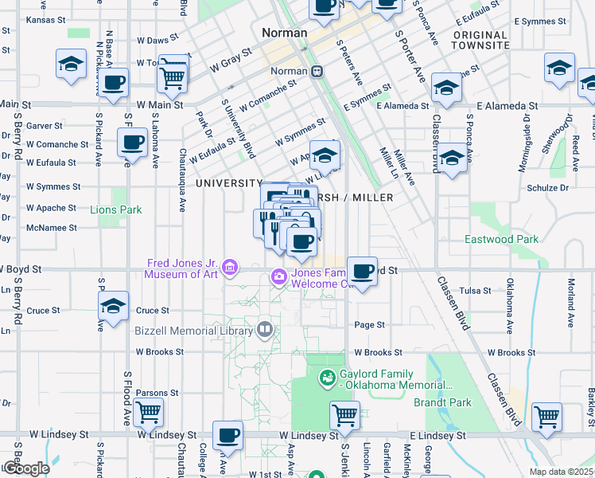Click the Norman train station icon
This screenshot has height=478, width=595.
[317, 71]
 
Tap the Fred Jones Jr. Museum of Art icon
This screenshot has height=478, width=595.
[231, 267]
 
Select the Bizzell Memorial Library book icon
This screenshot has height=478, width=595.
[264, 328]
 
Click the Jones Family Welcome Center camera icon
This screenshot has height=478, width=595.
[279, 277]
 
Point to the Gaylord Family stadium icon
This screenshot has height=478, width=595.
[326, 377]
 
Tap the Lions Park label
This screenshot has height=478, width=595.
[115, 210]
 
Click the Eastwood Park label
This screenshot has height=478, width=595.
[502, 239]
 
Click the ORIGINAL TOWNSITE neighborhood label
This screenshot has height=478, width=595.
[480, 40]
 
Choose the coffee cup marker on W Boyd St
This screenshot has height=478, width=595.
[362, 272]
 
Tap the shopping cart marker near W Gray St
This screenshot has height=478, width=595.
[172, 76]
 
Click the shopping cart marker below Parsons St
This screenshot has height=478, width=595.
[148, 413]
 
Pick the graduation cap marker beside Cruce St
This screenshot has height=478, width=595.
[114, 306]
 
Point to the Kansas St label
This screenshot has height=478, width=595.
[44, 20]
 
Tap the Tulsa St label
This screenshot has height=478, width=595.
[477, 291]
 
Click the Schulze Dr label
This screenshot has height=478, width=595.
[548, 188]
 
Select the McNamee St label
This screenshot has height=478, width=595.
[51, 227]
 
